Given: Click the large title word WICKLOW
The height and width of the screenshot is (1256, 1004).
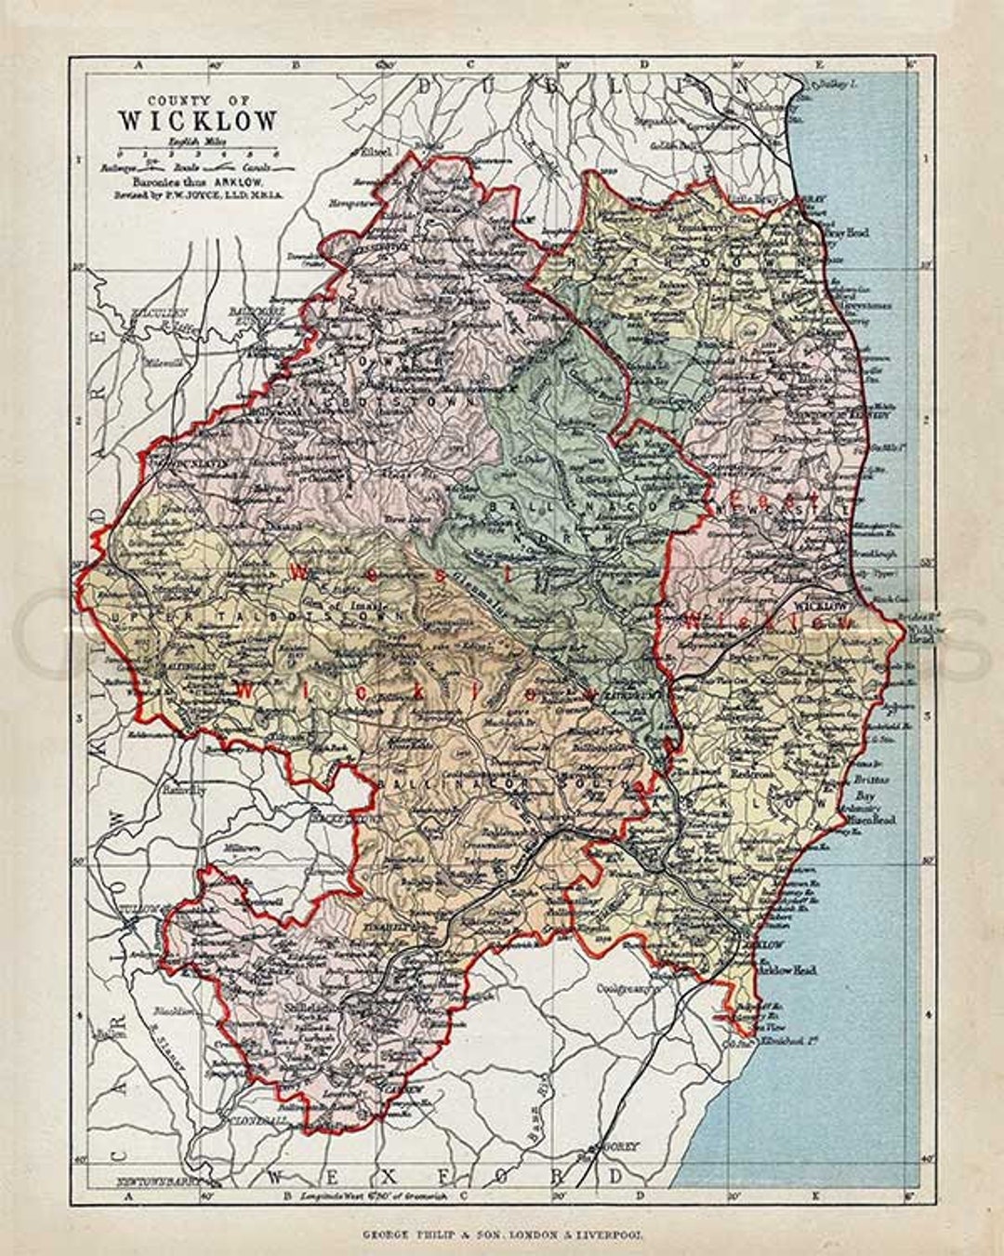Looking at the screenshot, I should click(197, 121).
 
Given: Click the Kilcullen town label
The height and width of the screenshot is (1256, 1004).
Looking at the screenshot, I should click(159, 313).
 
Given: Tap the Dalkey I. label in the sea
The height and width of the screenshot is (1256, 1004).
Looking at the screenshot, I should click(833, 84).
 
